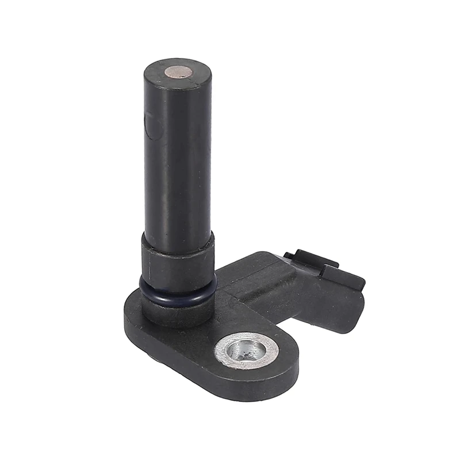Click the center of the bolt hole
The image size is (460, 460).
246,350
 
